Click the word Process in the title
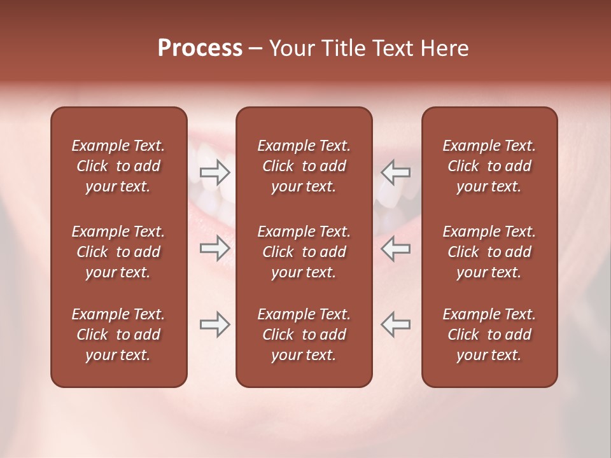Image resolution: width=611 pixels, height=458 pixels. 200,48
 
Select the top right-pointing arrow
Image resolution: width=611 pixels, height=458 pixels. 215,172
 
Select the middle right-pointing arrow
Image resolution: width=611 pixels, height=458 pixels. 215,248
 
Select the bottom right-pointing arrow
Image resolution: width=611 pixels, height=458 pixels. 215,324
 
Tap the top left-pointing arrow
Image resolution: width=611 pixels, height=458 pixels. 395,172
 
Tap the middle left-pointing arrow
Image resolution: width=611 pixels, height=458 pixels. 395,248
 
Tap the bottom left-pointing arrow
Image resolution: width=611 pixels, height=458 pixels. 395,324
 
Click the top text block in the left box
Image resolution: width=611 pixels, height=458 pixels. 118,166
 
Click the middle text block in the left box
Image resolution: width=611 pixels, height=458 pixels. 118,252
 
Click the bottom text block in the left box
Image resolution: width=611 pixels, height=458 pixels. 118,335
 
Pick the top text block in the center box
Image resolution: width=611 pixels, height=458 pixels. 304,166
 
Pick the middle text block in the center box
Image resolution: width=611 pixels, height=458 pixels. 304,252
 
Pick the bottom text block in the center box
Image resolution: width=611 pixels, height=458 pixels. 304,335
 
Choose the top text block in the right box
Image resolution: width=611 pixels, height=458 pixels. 489,166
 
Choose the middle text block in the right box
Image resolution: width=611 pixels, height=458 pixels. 489,252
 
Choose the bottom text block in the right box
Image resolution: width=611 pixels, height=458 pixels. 489,335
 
